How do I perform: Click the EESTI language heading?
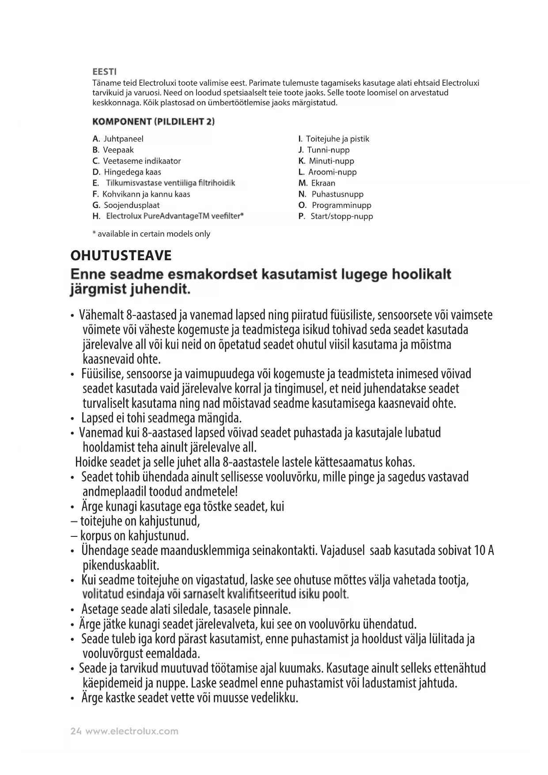tap(104, 72)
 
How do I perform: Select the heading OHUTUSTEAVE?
tap(121, 255)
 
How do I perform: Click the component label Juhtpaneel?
tap(123, 139)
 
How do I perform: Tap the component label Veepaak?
tap(118, 150)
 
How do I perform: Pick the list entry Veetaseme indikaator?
tap(142, 161)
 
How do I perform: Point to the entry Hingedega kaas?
tap(132, 172)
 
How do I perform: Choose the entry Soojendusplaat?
tap(132, 205)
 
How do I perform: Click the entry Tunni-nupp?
tap(328, 150)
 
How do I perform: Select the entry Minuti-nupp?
tap(331, 161)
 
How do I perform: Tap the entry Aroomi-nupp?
tap(332, 172)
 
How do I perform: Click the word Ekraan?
tap(323, 183)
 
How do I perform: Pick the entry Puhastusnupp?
tap(337, 194)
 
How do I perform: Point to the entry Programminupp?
tap(341, 205)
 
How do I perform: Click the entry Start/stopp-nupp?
tap(341, 216)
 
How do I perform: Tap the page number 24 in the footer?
tap(76, 731)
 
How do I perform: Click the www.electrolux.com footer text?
tap(132, 731)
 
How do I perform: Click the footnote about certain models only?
tap(151, 234)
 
